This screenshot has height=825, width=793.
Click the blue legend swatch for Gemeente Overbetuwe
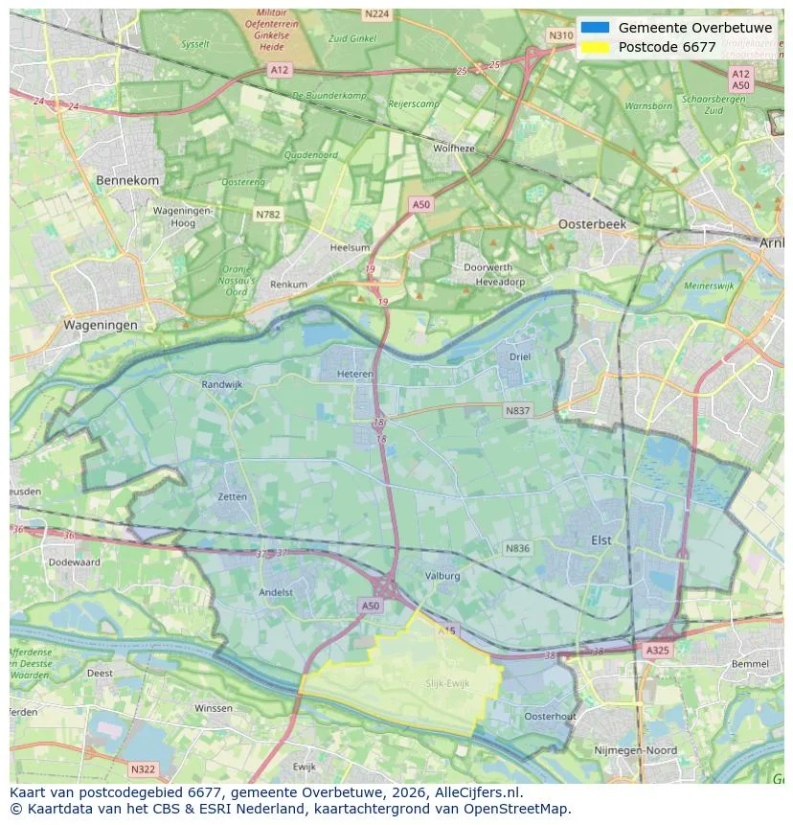click(x=595, y=28)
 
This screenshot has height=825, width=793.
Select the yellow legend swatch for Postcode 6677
click(x=595, y=47)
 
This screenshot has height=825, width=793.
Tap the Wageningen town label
click(x=101, y=325)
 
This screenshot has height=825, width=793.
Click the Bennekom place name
click(x=127, y=180)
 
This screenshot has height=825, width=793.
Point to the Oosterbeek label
click(x=592, y=223)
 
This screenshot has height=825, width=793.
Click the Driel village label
click(x=520, y=356)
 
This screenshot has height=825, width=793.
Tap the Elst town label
click(x=600, y=540)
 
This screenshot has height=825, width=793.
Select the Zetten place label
click(x=232, y=497)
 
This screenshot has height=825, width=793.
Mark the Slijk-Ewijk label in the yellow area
click(x=447, y=683)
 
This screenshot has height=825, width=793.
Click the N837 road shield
click(x=517, y=410)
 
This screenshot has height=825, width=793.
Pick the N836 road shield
click(x=517, y=548)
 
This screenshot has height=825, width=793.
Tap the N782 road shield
click(x=268, y=215)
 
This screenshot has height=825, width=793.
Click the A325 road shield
click(x=658, y=651)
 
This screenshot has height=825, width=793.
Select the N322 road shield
click(x=142, y=768)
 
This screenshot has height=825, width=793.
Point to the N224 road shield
click(x=376, y=13)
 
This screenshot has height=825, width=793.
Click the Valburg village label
click(x=442, y=576)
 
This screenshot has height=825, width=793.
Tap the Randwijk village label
click(x=222, y=384)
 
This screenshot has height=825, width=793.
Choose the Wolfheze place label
click(x=453, y=149)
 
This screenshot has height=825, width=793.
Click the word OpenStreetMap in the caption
click(x=521, y=809)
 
